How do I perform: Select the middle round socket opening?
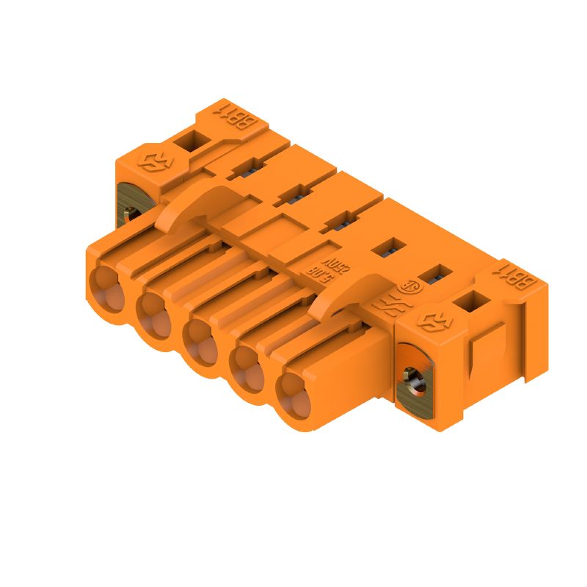tap(200, 337)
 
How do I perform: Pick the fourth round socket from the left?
tap(247, 365)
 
